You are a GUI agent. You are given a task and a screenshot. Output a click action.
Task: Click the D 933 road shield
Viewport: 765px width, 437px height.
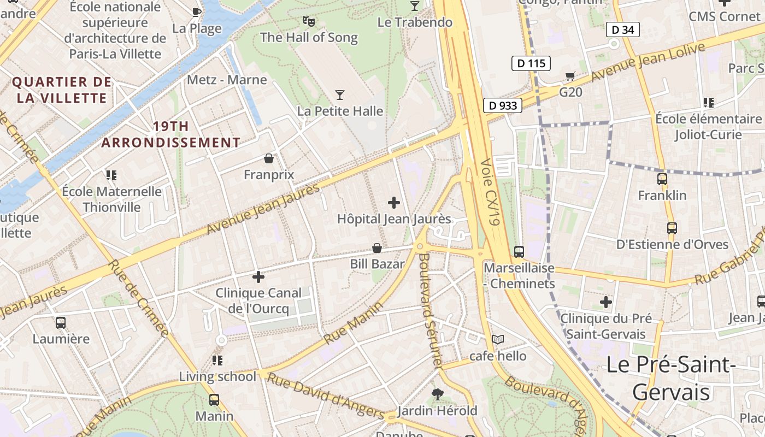point(503,105)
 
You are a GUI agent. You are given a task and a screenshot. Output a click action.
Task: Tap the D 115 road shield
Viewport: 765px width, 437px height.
point(531,63)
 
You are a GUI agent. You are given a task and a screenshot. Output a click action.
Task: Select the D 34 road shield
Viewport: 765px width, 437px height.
point(622,29)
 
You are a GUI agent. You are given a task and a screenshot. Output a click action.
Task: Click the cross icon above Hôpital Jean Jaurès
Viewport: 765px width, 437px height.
point(393,203)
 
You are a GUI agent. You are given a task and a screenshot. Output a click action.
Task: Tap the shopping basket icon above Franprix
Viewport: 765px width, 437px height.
point(268,158)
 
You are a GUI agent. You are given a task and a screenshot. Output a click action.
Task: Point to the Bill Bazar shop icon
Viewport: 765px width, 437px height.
point(376,248)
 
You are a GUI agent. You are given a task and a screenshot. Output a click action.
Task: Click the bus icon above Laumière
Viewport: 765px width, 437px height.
point(61,322)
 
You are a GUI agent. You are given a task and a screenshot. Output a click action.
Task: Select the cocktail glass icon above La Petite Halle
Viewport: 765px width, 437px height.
point(340,95)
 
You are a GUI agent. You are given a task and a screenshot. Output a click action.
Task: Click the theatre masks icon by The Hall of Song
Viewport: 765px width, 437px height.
point(309,21)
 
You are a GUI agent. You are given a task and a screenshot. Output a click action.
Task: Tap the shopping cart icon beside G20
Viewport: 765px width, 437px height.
point(570,76)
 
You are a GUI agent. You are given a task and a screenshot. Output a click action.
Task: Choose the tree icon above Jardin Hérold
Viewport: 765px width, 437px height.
point(437,394)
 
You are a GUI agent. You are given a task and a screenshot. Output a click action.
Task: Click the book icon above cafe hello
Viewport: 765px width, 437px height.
point(497,340)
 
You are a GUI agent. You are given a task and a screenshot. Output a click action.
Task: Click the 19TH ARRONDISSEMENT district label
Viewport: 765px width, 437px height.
point(170,134)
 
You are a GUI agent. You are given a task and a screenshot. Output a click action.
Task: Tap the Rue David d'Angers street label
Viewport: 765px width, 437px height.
point(326,396)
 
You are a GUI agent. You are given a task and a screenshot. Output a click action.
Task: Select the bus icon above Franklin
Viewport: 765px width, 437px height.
point(662,179)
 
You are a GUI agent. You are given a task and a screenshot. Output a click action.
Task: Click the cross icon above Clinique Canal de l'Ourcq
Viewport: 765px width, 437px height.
point(258,277)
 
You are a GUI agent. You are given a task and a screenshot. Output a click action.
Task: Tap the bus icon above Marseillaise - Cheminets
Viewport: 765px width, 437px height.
point(519,252)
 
